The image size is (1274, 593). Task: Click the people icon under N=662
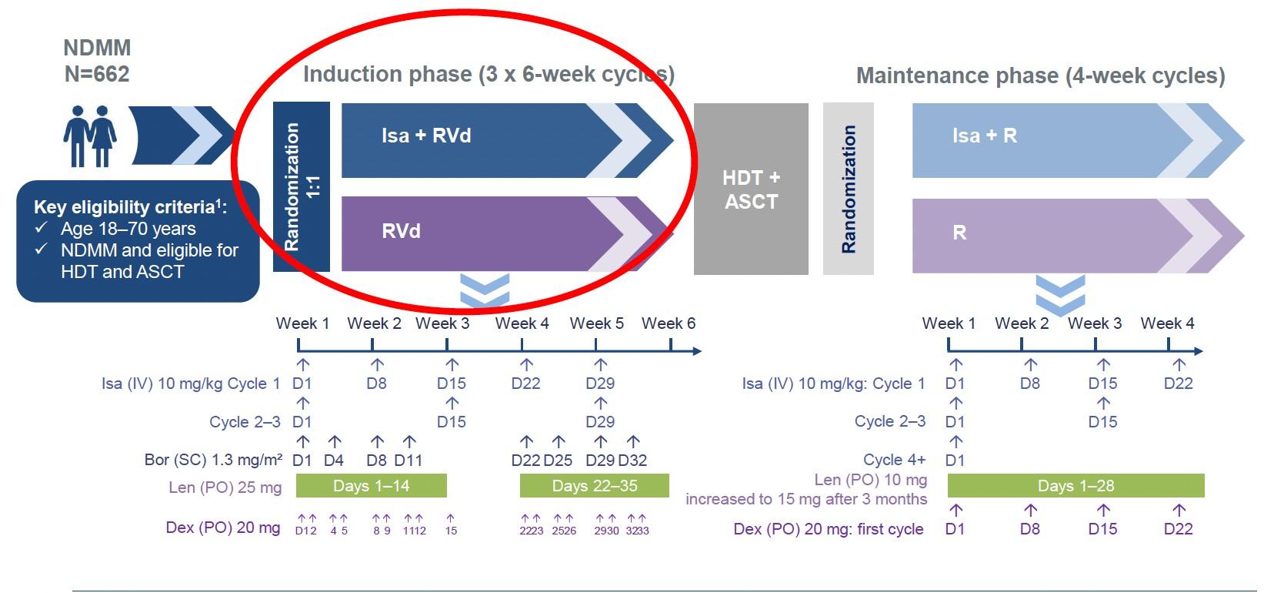(x=90, y=136)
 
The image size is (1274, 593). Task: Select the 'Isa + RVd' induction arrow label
(x=426, y=136)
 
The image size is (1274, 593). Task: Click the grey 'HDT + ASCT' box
(x=751, y=189)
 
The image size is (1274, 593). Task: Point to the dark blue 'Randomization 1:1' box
(x=301, y=186)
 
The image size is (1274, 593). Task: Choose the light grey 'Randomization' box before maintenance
(x=848, y=189)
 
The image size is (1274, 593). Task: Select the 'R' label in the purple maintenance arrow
(x=959, y=233)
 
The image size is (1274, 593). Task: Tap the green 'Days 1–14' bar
(x=371, y=486)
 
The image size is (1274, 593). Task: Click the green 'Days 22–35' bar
(x=594, y=486)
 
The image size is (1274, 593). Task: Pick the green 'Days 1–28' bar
(x=1076, y=486)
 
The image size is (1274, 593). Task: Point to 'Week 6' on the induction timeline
(x=668, y=323)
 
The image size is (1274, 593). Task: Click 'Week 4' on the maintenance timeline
(x=1167, y=323)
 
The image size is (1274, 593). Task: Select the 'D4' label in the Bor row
(x=334, y=461)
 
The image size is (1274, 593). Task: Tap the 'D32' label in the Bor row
(x=632, y=461)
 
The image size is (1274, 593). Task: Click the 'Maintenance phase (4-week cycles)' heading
(x=1040, y=75)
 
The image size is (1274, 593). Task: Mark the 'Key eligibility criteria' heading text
(x=129, y=207)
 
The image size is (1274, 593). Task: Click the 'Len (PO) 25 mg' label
(x=225, y=487)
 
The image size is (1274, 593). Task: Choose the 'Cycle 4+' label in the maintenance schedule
(x=894, y=460)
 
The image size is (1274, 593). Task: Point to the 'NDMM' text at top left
(x=97, y=48)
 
